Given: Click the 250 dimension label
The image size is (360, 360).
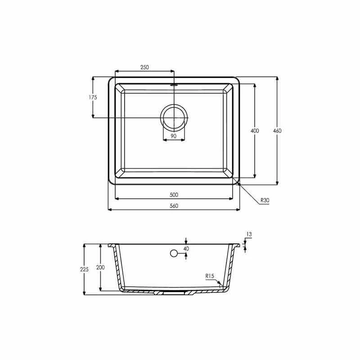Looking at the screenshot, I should point(144,67).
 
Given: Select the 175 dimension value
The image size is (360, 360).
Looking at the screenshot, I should point(93,97).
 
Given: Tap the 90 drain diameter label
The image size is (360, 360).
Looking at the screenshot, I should point(173,136).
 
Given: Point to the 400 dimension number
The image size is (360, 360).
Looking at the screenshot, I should point(254,130).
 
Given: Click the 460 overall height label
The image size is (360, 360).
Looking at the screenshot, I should point(277,130).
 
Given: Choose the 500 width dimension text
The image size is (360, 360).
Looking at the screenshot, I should point(174,195).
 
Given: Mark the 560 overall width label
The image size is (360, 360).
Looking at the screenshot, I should point(174,206).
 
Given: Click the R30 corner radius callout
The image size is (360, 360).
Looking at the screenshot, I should point(264,200).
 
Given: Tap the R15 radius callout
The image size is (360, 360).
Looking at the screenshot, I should point(209,276).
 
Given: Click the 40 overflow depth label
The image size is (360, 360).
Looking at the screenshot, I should point(186,248).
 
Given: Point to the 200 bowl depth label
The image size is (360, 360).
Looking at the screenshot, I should point(100,267).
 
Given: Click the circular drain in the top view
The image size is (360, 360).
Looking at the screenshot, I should point(174,117).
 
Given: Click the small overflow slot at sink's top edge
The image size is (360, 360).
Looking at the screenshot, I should point(174,84).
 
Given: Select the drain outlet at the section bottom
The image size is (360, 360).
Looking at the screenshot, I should point(173,292).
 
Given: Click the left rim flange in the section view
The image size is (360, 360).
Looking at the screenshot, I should point(111,246).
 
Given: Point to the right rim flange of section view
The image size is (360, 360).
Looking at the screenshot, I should point(237,246).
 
